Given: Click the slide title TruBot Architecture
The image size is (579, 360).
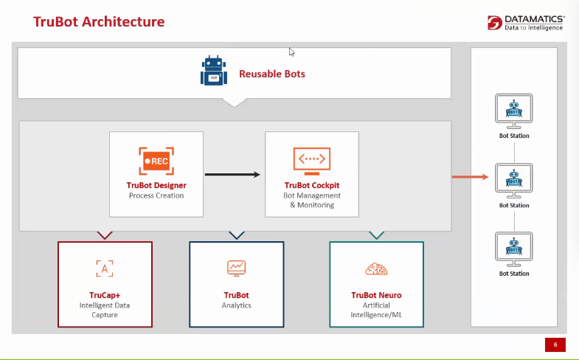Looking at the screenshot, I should point(99,21).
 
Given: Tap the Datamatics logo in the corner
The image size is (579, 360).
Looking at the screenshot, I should point(526,22).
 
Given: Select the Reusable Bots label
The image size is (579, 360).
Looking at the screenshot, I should point(271,74).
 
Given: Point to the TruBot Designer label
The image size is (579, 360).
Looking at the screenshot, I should point(156,185).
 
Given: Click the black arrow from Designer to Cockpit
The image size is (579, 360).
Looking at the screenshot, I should point(233,175).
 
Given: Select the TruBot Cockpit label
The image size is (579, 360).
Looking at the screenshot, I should point(312,185).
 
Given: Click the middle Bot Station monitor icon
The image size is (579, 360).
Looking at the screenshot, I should point(514,180).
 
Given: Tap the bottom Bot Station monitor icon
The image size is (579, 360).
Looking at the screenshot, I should point(514,249).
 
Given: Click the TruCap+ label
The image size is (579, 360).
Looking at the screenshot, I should point(105,295).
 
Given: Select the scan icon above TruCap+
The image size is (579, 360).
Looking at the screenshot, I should point(105,268).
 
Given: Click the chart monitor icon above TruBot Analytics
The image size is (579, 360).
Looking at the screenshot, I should point(236,268).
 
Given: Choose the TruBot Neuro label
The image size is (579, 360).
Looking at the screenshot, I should point(376,295).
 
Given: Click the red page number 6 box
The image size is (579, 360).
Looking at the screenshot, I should point(555,345).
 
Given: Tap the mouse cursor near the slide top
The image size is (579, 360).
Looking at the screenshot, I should point(292,52).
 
